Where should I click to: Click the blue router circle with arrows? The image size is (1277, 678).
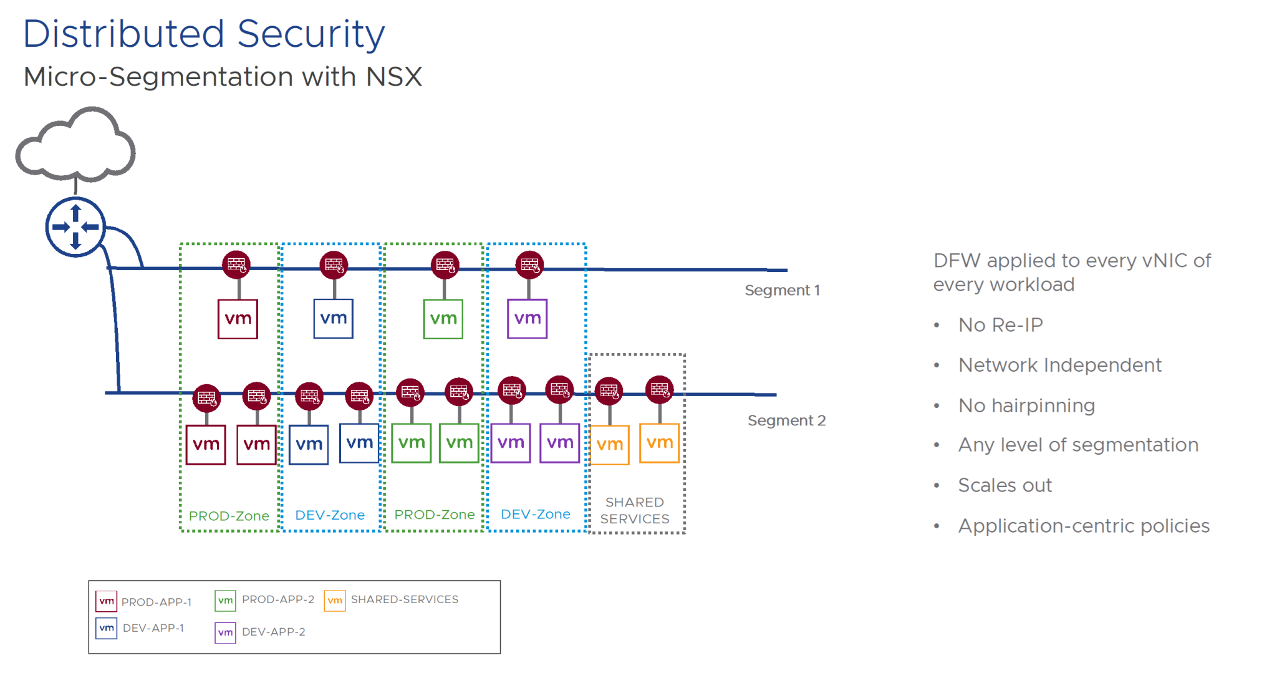pos(75,227)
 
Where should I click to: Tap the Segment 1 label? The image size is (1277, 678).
pos(782,290)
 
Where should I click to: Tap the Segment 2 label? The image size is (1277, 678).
pos(786,420)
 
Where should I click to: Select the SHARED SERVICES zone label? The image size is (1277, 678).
pos(635,510)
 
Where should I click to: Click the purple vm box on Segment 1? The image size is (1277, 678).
pos(527,319)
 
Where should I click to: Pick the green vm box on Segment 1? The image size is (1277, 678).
pos(443,319)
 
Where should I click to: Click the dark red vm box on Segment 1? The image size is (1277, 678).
pos(238,319)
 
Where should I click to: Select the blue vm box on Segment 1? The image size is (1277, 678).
pos(333,319)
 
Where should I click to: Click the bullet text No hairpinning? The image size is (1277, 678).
pos(1026,405)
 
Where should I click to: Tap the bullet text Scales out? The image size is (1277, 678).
pos(1005,485)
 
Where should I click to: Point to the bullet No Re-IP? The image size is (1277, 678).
pos(1000,325)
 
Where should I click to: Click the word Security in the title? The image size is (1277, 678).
pos(311,34)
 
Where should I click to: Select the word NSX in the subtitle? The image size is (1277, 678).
pos(394,77)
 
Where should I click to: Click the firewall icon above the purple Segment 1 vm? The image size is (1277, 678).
pos(529,265)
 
